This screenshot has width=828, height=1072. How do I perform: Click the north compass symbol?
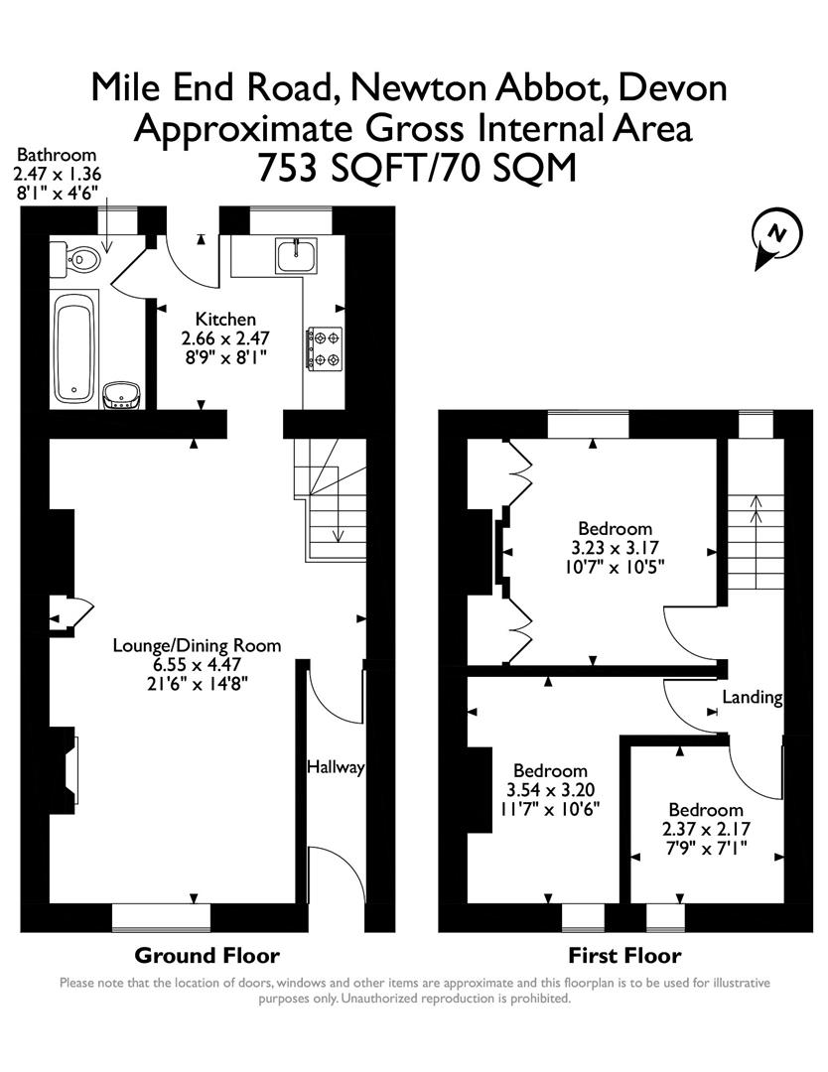[776, 238]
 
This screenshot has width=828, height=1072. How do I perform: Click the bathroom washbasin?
[121, 394]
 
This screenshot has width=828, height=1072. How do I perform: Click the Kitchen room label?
[225, 320]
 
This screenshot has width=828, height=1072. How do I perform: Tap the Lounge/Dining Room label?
[197, 645]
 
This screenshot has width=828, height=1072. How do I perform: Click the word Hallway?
[336, 767]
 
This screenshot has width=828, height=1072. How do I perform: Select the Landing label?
[752, 698]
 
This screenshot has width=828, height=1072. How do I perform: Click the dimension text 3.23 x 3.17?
[616, 547]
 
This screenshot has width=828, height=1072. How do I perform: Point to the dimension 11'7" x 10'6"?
[550, 808]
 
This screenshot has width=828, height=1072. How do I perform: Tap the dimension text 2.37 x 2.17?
[706, 829]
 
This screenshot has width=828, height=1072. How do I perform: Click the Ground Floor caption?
[207, 956]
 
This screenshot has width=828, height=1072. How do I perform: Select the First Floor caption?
[624, 956]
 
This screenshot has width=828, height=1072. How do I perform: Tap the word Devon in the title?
[672, 88]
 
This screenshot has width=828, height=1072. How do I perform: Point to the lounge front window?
[161, 916]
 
